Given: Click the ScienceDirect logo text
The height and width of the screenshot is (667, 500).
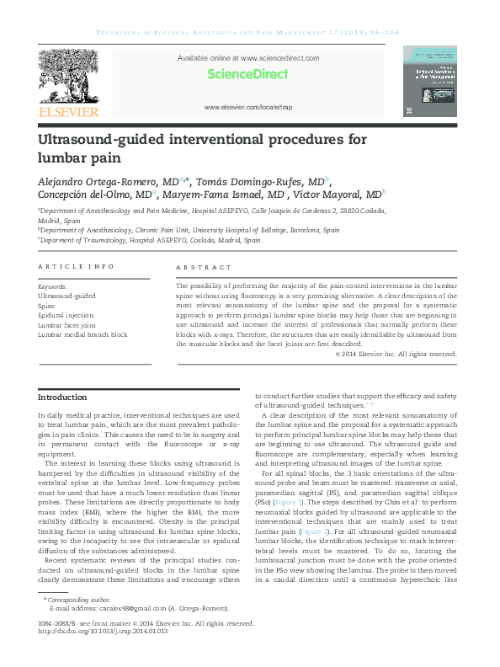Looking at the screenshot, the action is pyautogui.click(x=248, y=74).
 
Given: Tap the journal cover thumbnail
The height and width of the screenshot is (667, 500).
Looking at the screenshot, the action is pyautogui.click(x=429, y=82).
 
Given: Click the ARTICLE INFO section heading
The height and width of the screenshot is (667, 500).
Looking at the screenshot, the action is pyautogui.click(x=76, y=267).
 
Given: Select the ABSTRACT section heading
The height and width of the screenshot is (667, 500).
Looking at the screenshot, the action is pyautogui.click(x=203, y=267).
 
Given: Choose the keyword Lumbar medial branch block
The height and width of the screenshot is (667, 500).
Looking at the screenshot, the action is pyautogui.click(x=82, y=334).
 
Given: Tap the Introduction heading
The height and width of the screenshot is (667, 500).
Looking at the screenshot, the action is pyautogui.click(x=63, y=397).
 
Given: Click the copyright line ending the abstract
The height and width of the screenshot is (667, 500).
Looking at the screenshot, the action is pyautogui.click(x=396, y=354).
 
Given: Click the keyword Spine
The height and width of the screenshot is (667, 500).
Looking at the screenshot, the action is pyautogui.click(x=48, y=307).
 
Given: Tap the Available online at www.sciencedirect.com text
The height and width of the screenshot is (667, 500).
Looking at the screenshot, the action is pyautogui.click(x=248, y=58).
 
